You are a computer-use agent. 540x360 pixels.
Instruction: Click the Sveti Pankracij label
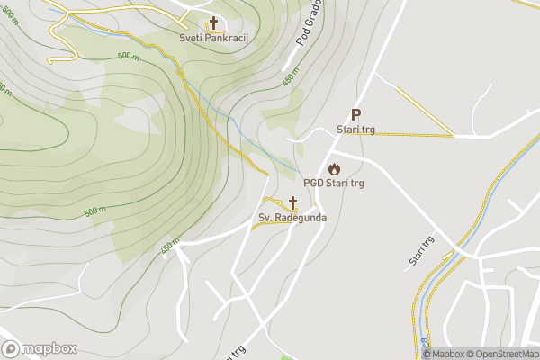[x=213, y=40]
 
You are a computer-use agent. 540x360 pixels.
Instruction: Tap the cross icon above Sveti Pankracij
[x=213, y=23]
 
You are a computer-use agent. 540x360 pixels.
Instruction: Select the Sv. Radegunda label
[x=292, y=218]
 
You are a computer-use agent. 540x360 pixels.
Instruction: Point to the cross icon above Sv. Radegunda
[x=292, y=202]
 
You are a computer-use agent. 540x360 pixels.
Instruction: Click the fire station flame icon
[x=334, y=168]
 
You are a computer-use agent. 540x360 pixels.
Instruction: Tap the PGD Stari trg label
[x=334, y=184]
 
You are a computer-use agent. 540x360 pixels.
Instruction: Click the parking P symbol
[x=355, y=114]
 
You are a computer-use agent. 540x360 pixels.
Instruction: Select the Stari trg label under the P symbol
[x=355, y=130]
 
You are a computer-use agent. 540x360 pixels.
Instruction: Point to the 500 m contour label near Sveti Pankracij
[x=129, y=56]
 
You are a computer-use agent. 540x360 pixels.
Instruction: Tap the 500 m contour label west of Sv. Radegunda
[x=95, y=211]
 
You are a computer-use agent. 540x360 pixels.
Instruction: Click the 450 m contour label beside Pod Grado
[x=290, y=78]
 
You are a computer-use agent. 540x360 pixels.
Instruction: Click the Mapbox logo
[x=40, y=349]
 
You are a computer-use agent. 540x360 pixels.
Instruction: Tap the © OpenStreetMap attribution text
[x=503, y=354]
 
